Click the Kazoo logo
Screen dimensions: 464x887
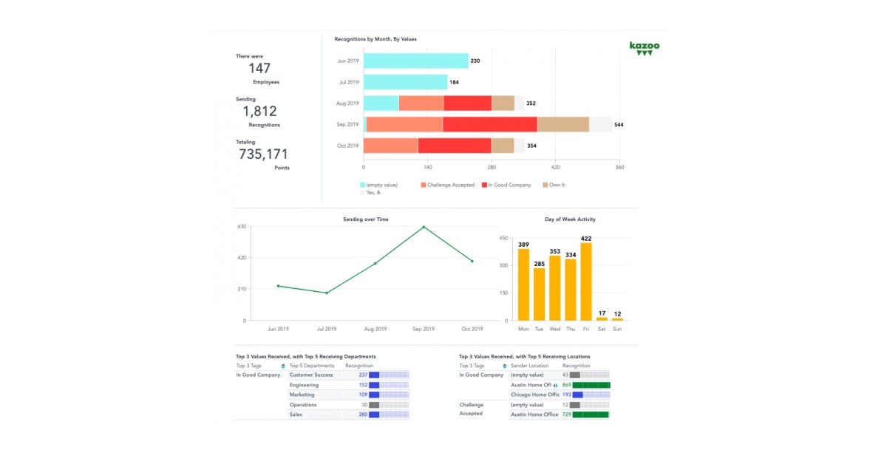tap(645, 48)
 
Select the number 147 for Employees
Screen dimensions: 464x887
tap(259, 69)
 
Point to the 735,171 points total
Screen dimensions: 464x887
tap(263, 154)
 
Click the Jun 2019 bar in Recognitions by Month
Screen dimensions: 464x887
tap(415, 61)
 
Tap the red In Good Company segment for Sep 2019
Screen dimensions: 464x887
tap(489, 124)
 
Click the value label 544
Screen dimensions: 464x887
tap(619, 125)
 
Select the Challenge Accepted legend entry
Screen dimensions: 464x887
tap(447, 185)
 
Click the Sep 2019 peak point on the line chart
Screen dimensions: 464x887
tap(424, 227)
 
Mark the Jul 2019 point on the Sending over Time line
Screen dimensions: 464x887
tap(327, 293)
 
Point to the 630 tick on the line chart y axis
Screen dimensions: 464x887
tap(242, 227)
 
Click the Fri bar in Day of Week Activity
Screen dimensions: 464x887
tap(586, 281)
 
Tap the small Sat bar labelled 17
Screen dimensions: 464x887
tap(602, 318)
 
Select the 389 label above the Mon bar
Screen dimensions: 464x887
tap(523, 245)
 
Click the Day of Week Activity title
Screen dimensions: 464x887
tap(570, 219)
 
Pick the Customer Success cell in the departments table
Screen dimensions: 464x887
tap(311, 375)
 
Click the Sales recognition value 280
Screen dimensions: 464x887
tap(363, 414)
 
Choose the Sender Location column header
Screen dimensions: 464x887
tap(529, 366)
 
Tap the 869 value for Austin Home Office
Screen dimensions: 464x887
tap(566, 385)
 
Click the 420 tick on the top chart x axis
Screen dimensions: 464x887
tap(556, 168)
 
